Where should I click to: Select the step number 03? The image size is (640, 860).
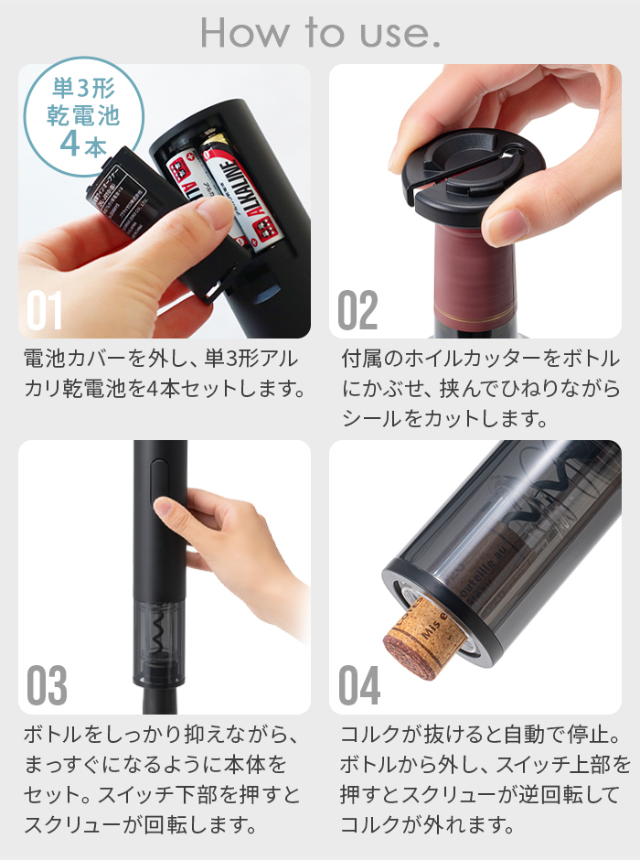pyautogui.click(x=47, y=685)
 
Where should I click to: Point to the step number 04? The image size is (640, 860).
pyautogui.click(x=359, y=685)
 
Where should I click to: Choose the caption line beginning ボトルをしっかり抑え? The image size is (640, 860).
pyautogui.click(x=160, y=734)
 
